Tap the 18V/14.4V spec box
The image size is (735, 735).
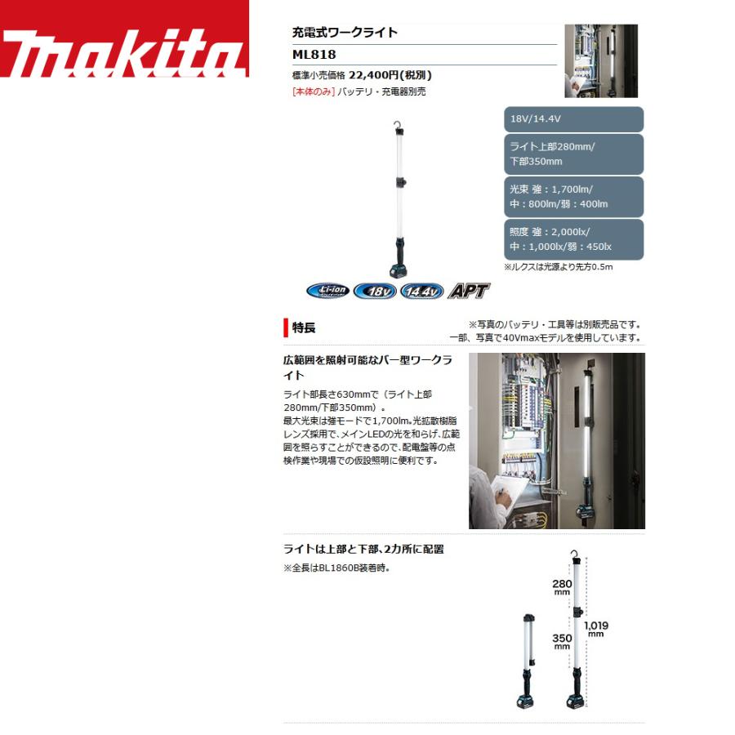tap(574, 119)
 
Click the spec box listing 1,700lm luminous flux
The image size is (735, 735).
tap(574, 197)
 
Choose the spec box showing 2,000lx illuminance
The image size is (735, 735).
tap(574, 239)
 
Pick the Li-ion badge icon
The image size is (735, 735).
tap(327, 291)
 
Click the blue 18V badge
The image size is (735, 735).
tap(375, 291)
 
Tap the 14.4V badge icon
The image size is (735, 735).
tap(421, 291)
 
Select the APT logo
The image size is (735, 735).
tap(469, 290)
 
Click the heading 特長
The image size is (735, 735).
tap(304, 327)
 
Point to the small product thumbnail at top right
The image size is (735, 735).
tap(601, 60)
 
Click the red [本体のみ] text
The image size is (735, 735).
tap(313, 91)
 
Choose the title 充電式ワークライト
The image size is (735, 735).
tap(345, 33)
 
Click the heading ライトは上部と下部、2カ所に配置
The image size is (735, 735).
tap(363, 549)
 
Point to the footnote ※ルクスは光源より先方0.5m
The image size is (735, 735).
tap(559, 267)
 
